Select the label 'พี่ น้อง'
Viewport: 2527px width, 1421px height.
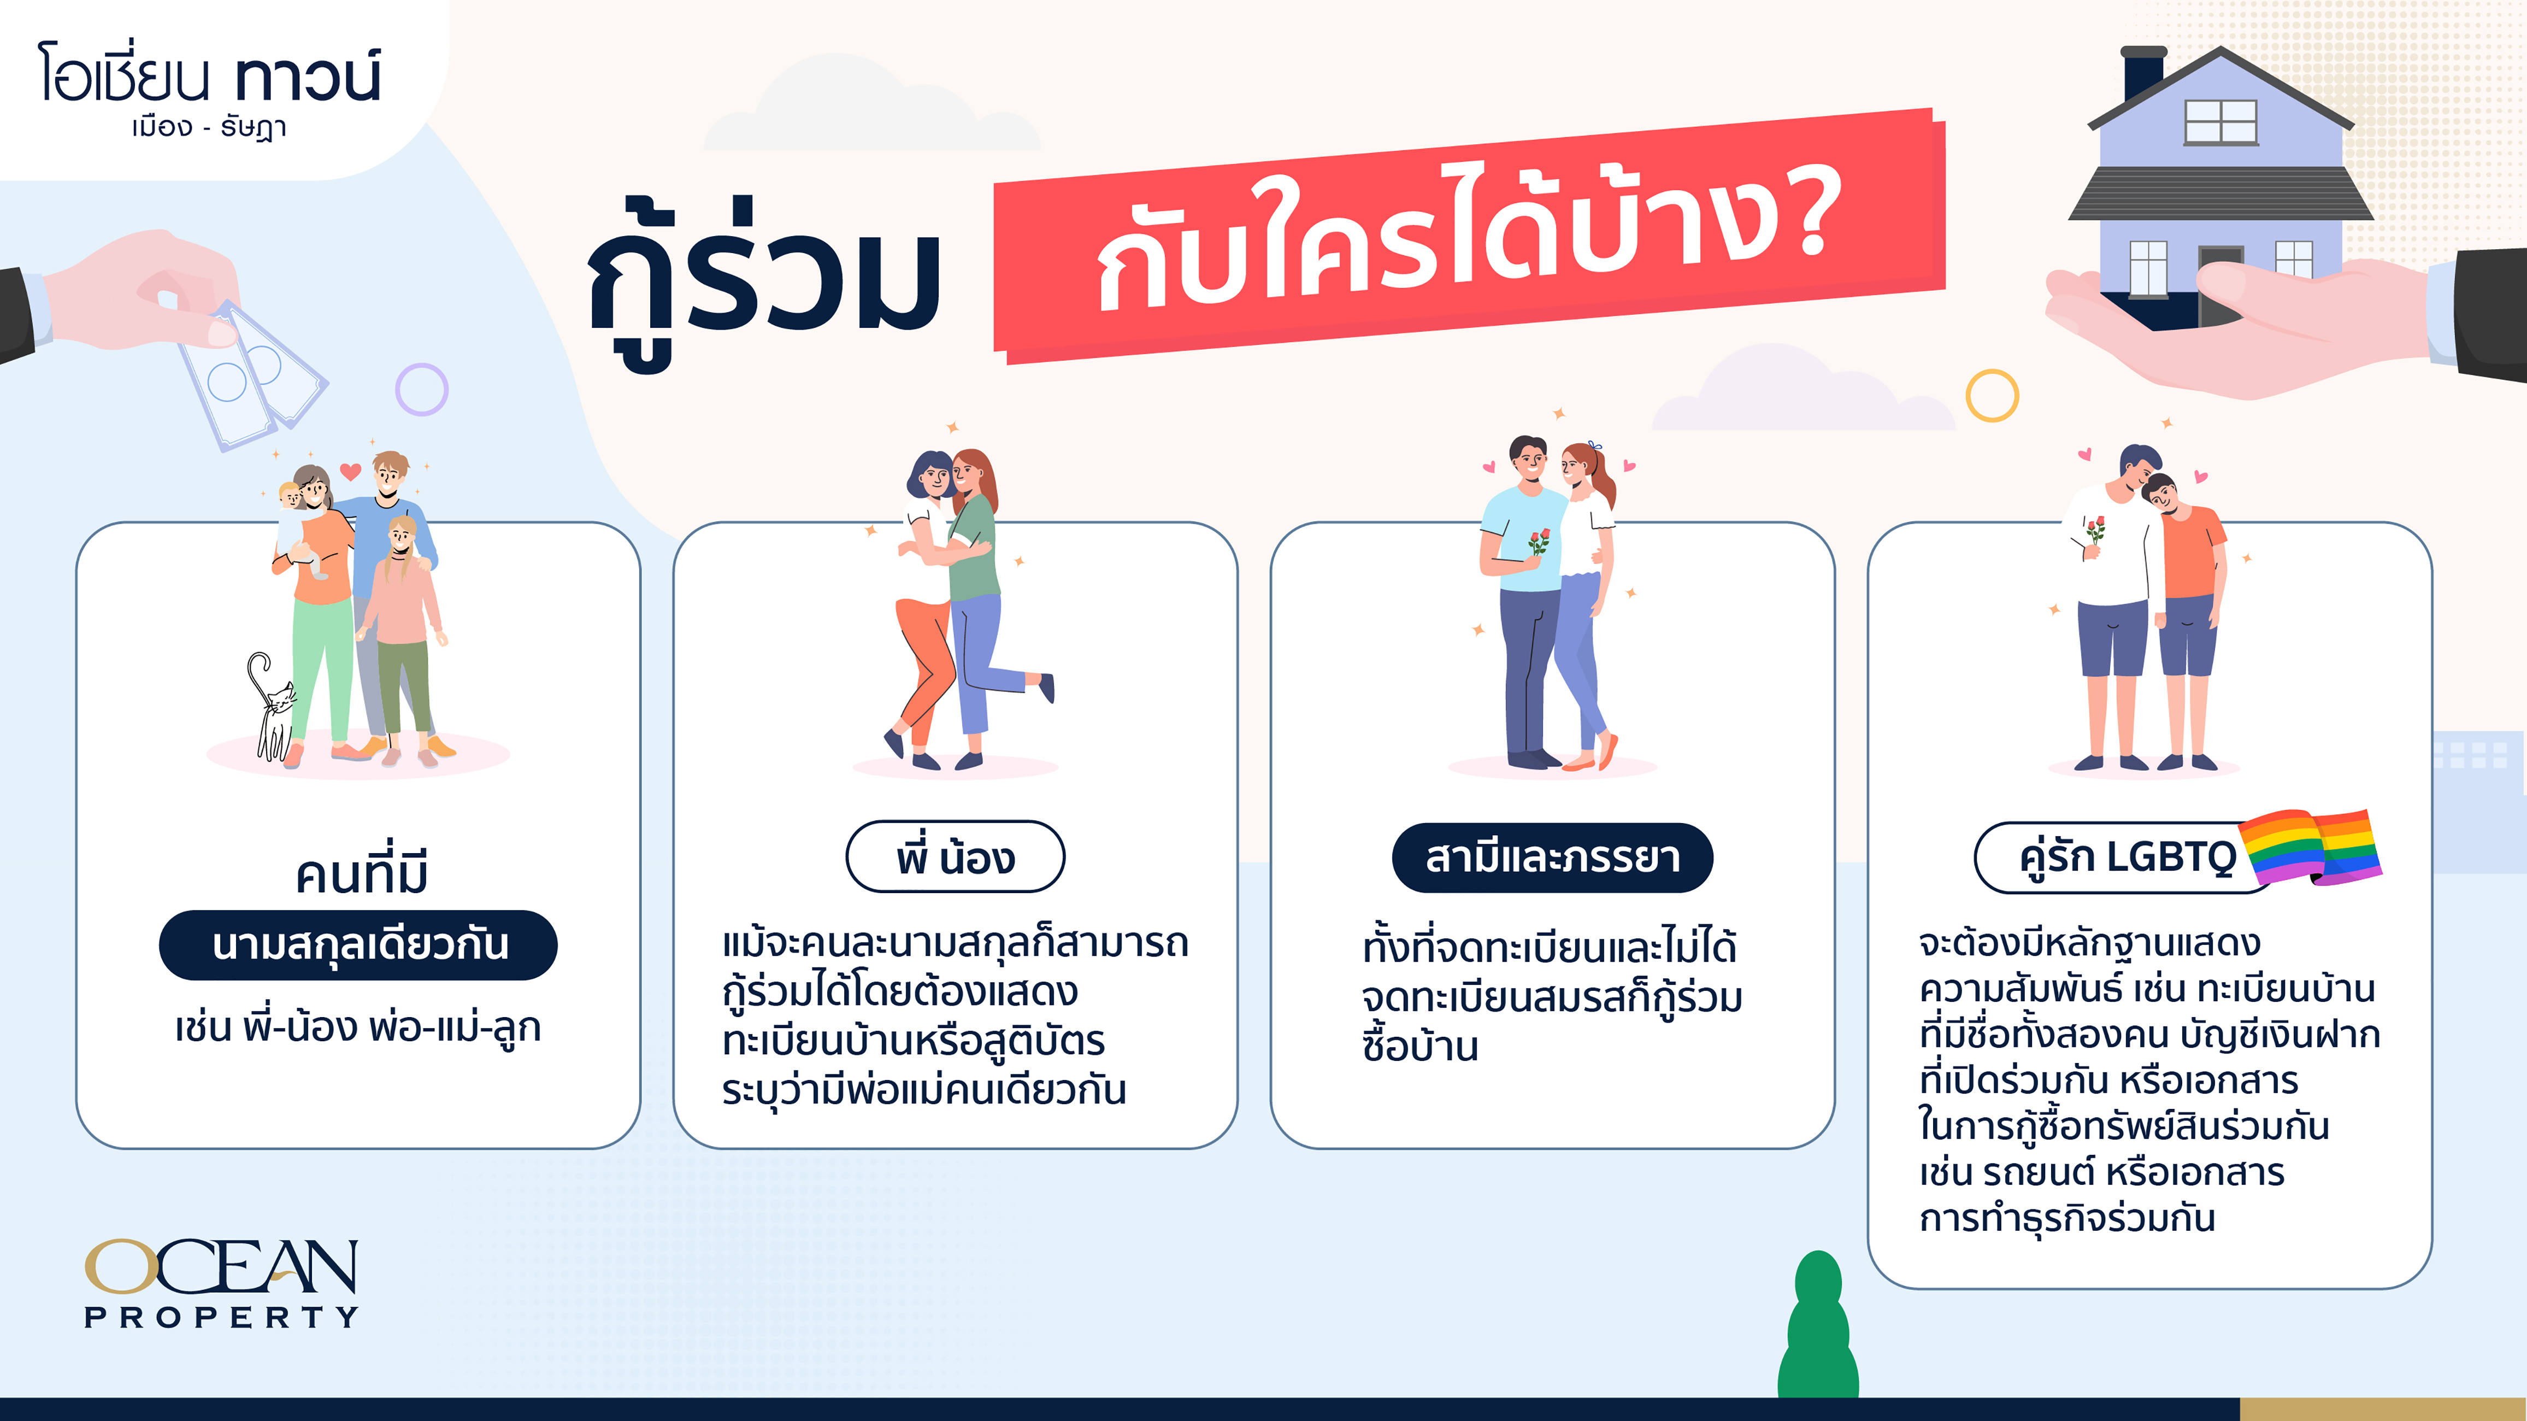955,857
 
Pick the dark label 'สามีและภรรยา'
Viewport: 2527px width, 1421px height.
1552,857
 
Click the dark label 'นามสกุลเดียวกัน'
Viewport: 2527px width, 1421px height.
358,944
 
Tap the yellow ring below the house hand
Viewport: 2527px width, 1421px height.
1992,396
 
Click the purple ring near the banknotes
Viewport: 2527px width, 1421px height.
422,390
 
